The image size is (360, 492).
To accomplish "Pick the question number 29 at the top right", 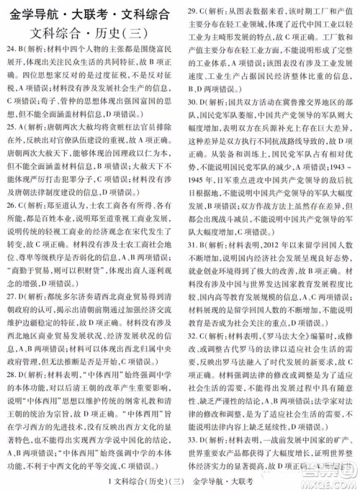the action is [192, 12].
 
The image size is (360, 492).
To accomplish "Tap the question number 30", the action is [192, 101].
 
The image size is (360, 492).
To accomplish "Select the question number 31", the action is [192, 242].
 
